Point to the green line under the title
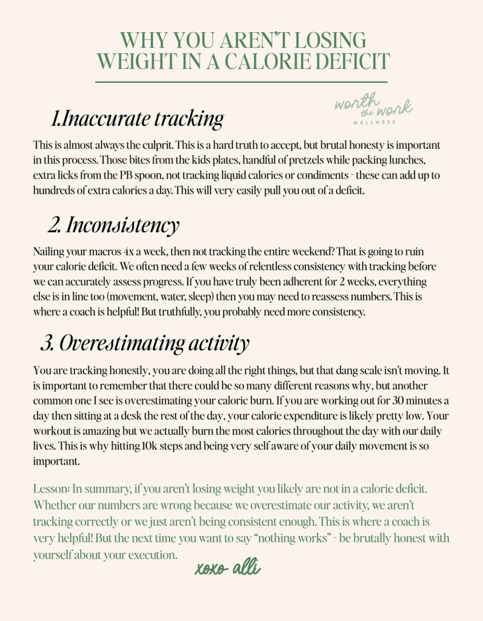pyautogui.click(x=241, y=81)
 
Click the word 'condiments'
pyautogui.click(x=311, y=175)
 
